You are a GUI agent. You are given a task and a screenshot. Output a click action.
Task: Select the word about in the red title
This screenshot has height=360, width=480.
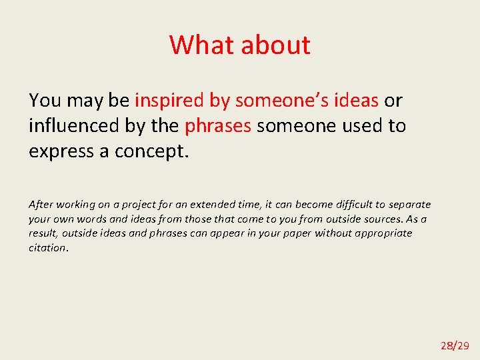click(x=275, y=45)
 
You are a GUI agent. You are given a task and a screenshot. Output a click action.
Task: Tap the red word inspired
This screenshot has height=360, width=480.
click(x=171, y=101)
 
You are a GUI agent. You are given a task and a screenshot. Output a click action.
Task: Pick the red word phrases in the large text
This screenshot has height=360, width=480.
click(x=218, y=125)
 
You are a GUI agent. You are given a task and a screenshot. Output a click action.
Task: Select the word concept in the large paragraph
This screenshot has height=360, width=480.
click(x=151, y=151)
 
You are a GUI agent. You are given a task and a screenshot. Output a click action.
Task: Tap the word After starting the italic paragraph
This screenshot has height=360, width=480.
click(x=41, y=205)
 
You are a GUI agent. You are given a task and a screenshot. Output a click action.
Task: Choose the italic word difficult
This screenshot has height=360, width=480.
click(x=335, y=205)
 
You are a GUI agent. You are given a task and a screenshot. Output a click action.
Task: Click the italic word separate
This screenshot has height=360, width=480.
click(x=407, y=205)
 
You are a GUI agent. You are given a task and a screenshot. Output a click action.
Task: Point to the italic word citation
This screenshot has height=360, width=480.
click(x=47, y=248)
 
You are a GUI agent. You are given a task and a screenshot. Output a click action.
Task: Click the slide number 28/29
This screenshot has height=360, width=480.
click(x=455, y=345)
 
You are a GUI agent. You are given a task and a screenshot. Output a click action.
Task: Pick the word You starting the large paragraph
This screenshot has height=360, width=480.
click(x=45, y=101)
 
